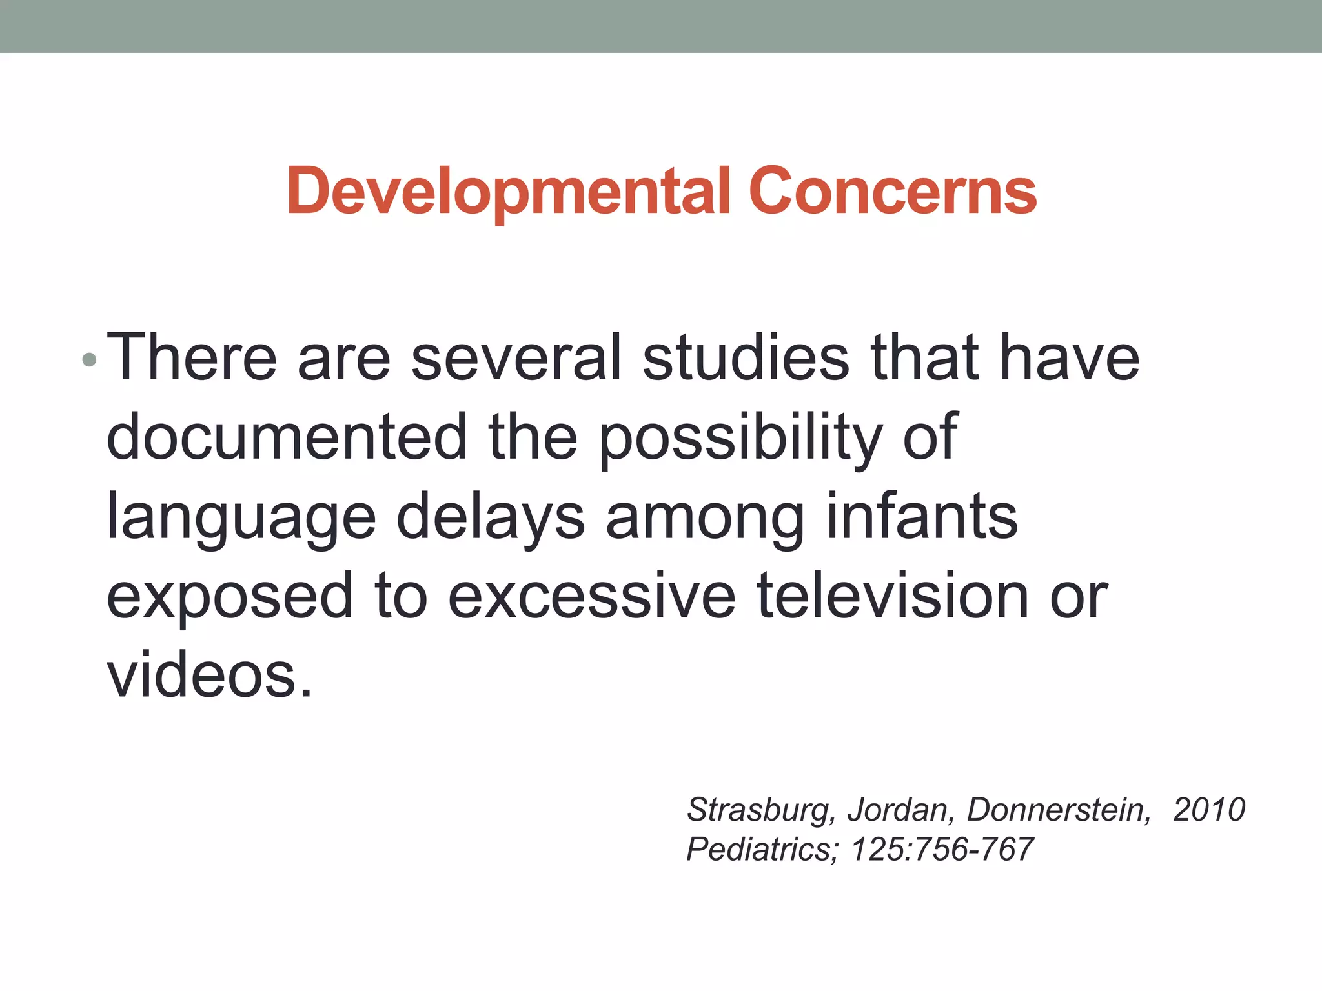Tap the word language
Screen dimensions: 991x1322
coord(241,518)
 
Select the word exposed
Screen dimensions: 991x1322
coord(230,597)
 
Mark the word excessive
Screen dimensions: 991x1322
coord(591,596)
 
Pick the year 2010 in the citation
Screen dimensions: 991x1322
coord(1209,810)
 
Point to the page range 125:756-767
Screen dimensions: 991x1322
coord(942,849)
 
